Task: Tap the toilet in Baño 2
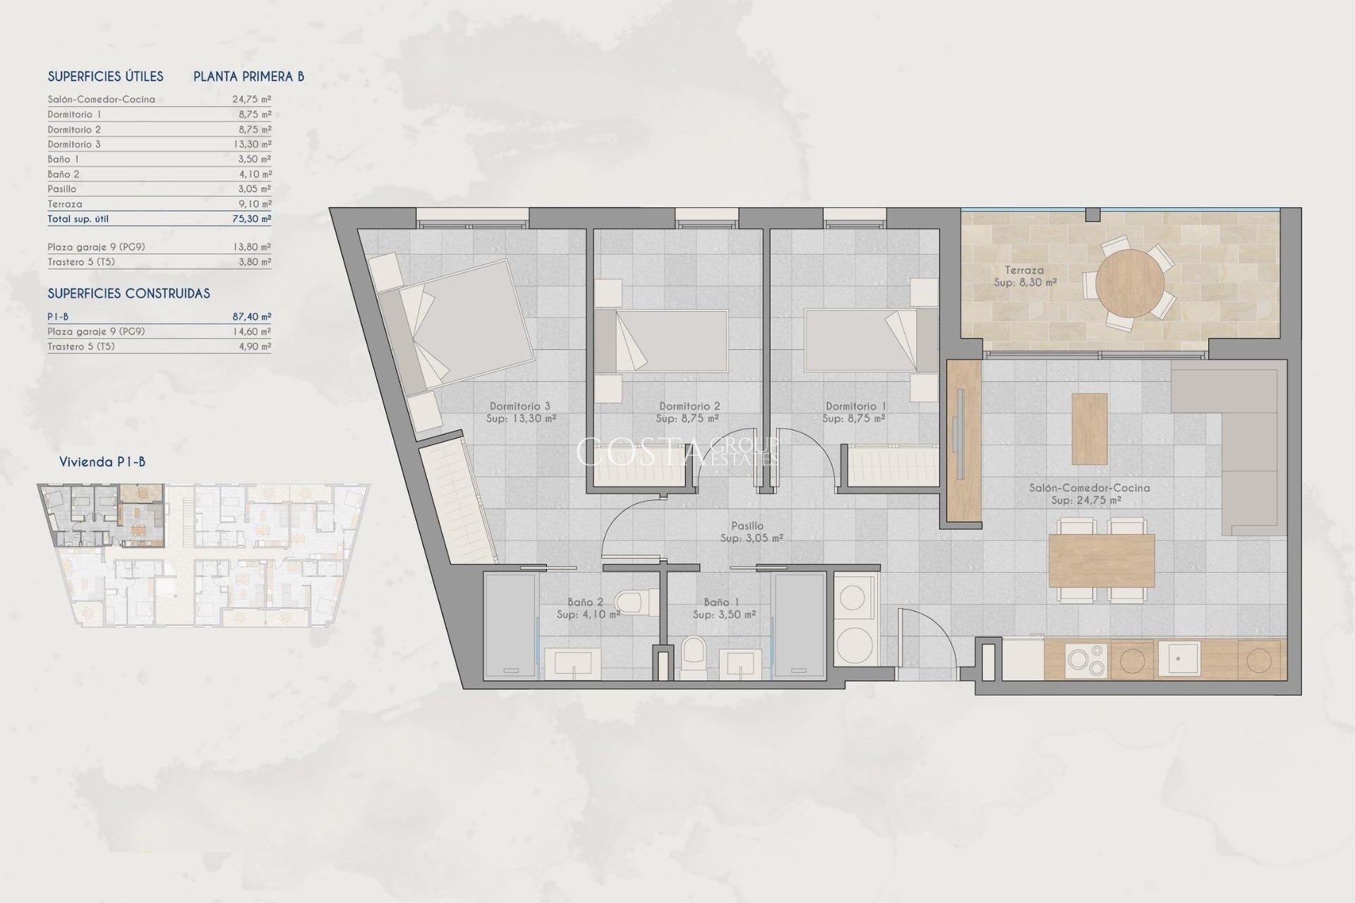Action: pyautogui.click(x=630, y=602)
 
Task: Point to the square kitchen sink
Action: pyautogui.click(x=1178, y=658)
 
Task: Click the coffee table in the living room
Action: pyautogui.click(x=1089, y=428)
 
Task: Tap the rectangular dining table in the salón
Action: pyautogui.click(x=1101, y=561)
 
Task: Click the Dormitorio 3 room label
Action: pyautogui.click(x=520, y=406)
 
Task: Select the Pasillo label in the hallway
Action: pyautogui.click(x=747, y=526)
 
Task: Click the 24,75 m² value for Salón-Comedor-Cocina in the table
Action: pyautogui.click(x=251, y=99)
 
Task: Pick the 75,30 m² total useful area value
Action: pyautogui.click(x=251, y=219)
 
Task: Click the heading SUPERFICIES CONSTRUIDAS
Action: pyautogui.click(x=128, y=293)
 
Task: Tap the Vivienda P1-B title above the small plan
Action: pyautogui.click(x=102, y=462)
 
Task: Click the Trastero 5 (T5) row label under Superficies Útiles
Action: pyautogui.click(x=81, y=262)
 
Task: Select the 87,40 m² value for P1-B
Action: pyautogui.click(x=251, y=317)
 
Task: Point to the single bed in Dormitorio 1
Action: pyautogui.click(x=860, y=340)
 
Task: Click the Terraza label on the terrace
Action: pyautogui.click(x=1024, y=270)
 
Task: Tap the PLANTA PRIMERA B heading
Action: pyautogui.click(x=248, y=77)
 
